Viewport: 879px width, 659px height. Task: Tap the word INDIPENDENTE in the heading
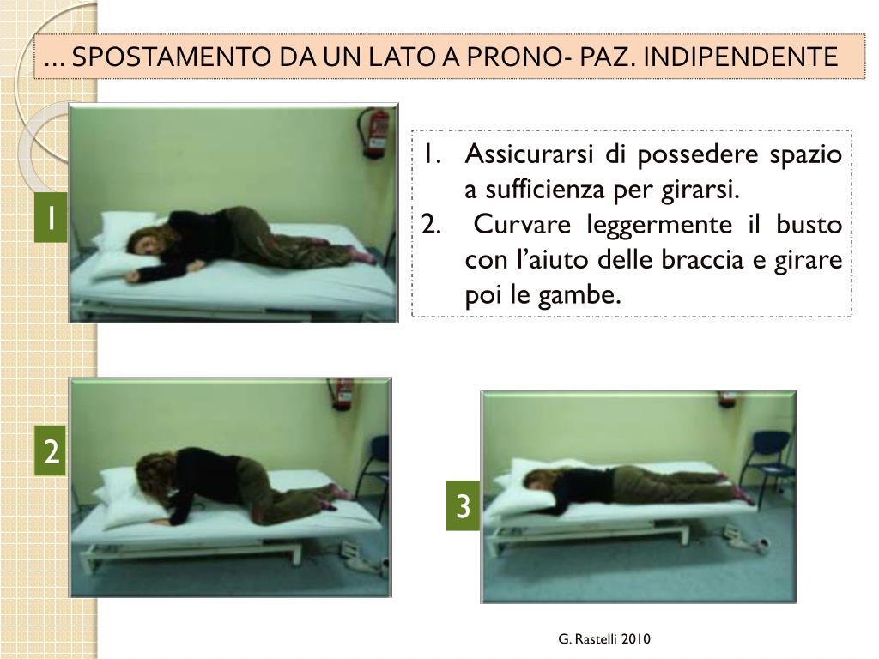(740, 57)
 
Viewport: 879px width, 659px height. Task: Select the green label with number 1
(52, 220)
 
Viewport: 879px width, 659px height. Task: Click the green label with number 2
(52, 451)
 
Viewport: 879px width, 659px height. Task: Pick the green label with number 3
(463, 507)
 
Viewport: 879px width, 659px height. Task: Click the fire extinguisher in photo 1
(374, 132)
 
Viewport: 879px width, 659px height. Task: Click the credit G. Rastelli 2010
(603, 638)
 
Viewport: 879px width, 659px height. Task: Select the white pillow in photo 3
(532, 485)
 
